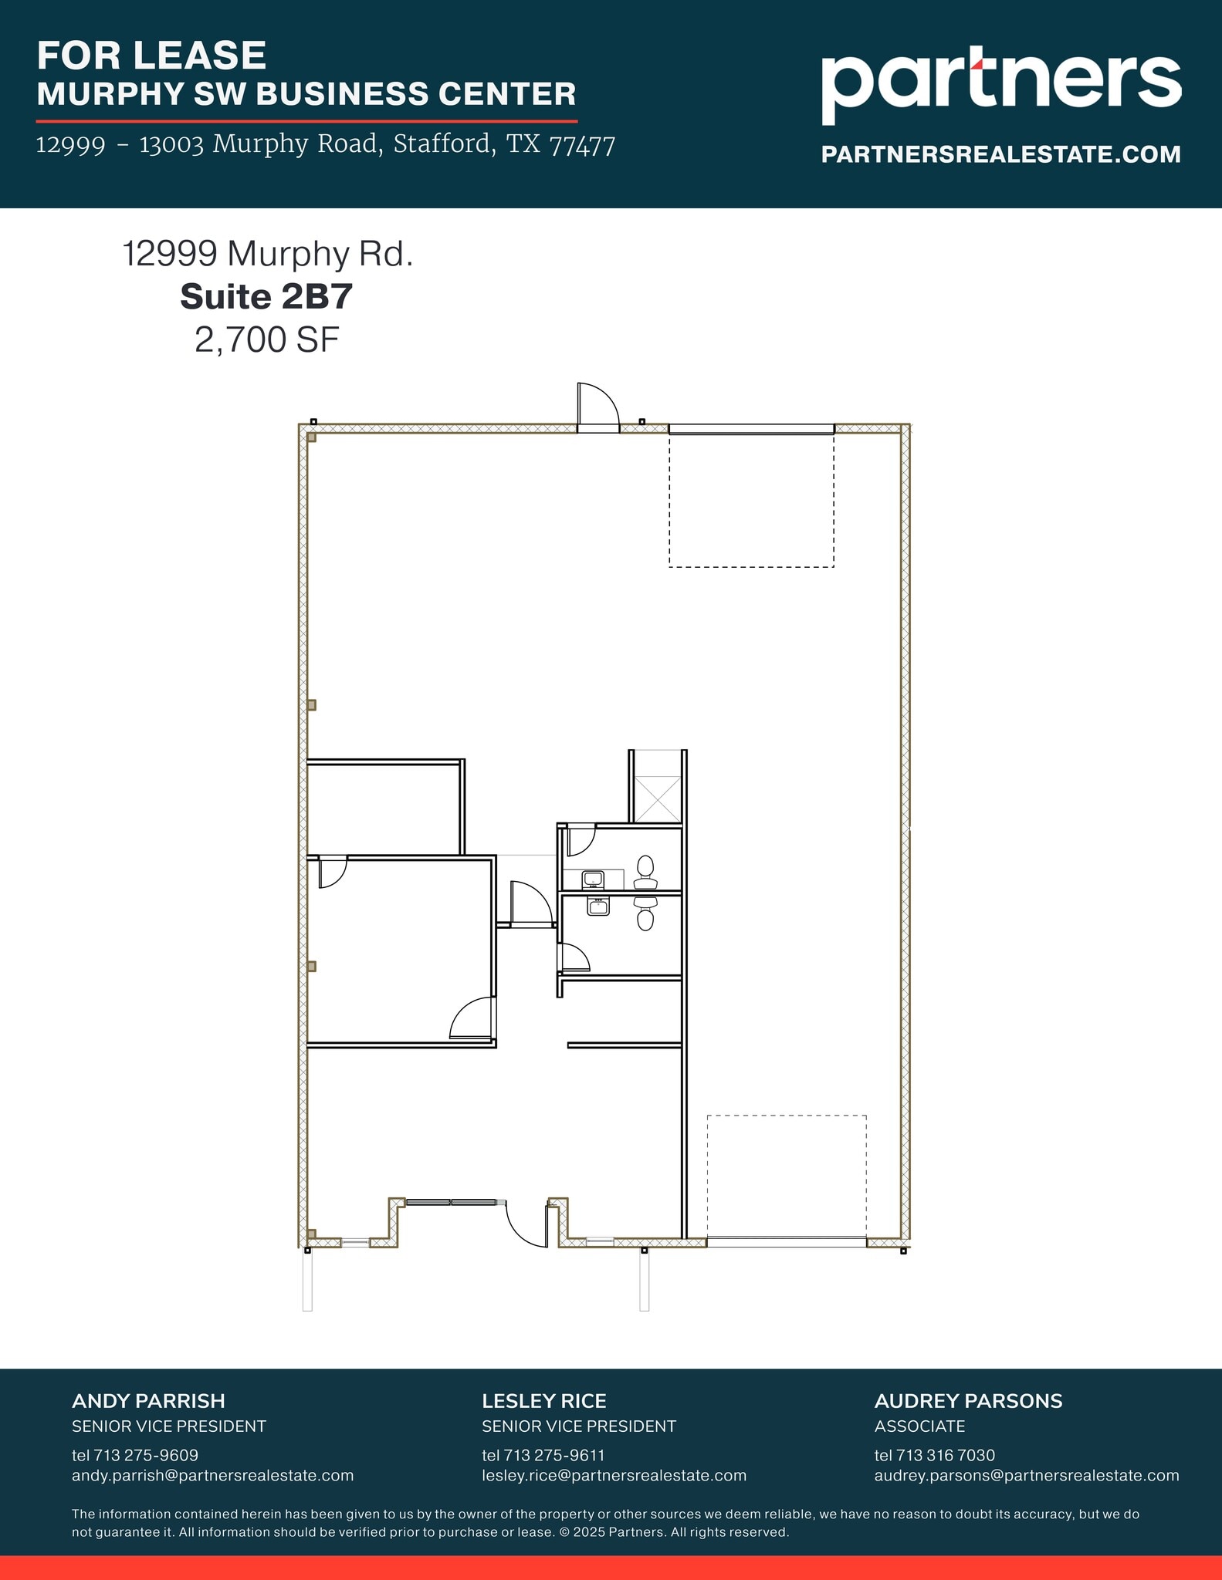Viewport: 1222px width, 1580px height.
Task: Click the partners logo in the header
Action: click(1000, 85)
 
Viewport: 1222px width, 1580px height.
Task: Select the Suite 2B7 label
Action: click(266, 297)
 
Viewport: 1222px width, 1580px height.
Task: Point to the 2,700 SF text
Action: click(266, 339)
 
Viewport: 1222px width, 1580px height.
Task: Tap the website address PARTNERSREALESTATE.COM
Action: click(1000, 154)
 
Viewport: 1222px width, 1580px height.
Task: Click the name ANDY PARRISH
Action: click(148, 1401)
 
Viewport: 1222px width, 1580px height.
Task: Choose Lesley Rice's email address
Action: click(614, 1476)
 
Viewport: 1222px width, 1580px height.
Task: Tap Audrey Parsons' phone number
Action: click(934, 1455)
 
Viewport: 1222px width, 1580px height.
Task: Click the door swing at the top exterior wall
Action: click(597, 405)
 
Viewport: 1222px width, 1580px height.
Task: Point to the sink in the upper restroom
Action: click(592, 879)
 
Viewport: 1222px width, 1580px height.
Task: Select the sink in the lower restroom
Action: click(598, 906)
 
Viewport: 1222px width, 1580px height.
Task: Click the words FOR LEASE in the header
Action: click(151, 56)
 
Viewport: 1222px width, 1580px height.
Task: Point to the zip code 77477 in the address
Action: click(582, 144)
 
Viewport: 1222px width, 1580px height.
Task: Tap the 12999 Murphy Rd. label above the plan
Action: click(268, 254)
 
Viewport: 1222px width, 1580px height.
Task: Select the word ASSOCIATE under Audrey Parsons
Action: click(919, 1426)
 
